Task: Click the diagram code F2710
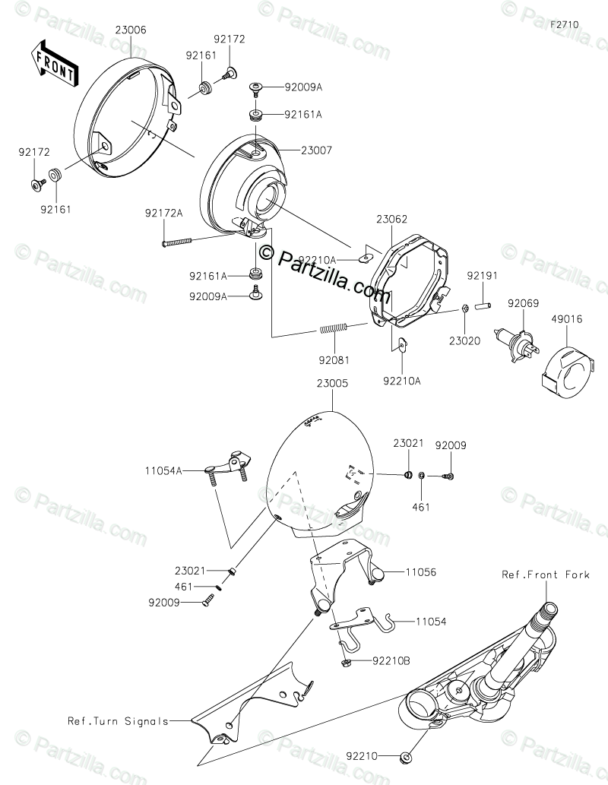pos(565,24)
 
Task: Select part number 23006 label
pos(131,30)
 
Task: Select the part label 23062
pos(390,218)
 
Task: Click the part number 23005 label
pos(332,384)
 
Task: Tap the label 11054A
pos(165,471)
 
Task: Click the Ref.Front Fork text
pos(545,575)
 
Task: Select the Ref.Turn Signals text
pos(118,721)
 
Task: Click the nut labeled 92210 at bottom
pos(407,757)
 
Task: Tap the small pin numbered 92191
pos(480,305)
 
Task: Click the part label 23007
pos(317,151)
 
